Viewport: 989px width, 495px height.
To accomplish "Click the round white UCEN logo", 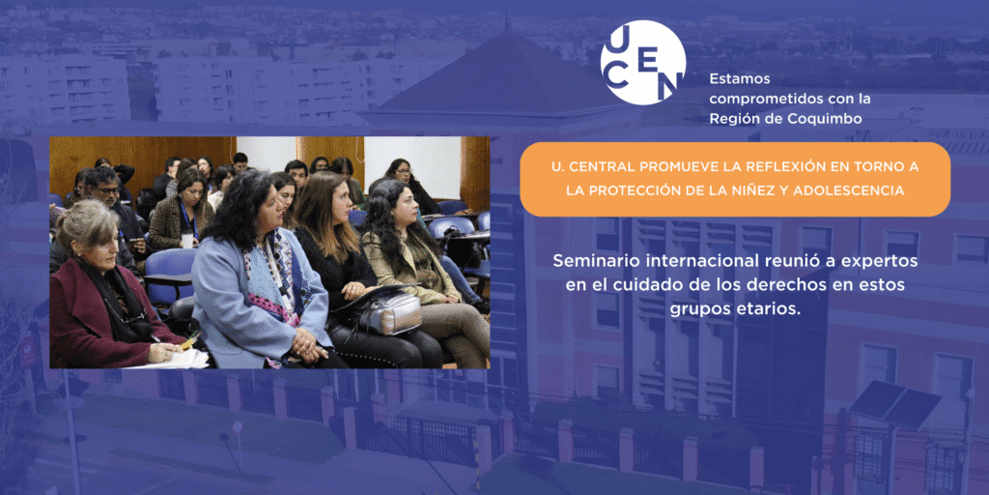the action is (x=642, y=62).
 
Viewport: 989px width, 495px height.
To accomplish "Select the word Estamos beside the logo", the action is (x=731, y=79).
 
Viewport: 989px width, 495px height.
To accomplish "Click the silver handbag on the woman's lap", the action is (x=390, y=313).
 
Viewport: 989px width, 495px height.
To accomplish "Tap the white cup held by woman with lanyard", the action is (x=187, y=241).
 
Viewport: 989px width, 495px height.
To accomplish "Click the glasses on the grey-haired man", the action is (x=107, y=190).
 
